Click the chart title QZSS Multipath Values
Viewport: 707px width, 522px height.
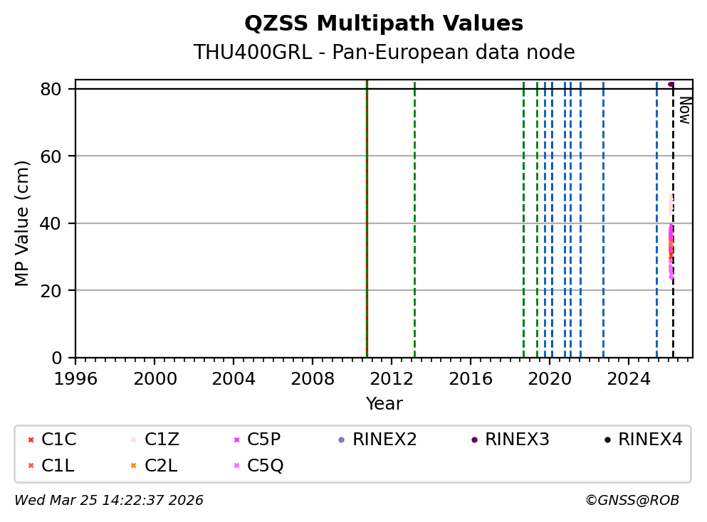384,23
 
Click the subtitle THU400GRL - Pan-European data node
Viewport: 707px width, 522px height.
384,53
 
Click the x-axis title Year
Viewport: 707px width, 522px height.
384,404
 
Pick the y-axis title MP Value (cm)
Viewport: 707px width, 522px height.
23,223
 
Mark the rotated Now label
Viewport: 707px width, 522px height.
684,110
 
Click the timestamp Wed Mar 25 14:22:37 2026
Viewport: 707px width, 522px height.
109,501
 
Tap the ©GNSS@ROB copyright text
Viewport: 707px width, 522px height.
632,501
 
